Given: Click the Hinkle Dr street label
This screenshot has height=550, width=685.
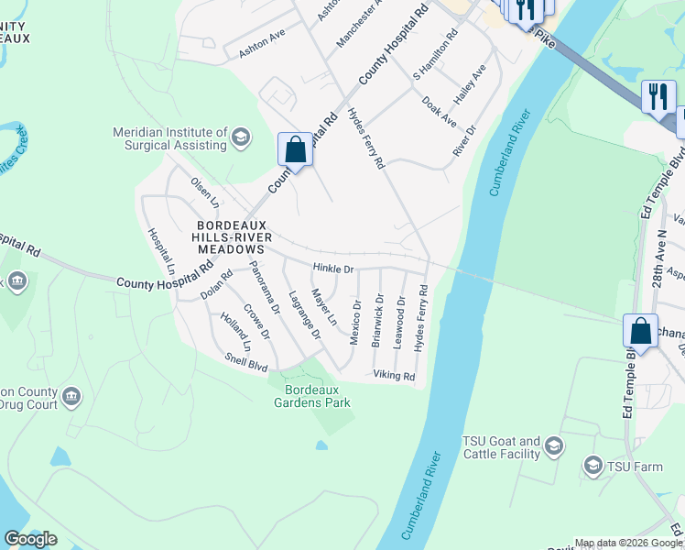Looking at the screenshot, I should click(x=333, y=269).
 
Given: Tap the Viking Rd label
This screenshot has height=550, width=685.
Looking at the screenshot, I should click(x=394, y=376).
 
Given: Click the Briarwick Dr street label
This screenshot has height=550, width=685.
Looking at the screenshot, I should click(x=377, y=320).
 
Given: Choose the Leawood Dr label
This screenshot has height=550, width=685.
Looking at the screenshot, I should click(x=400, y=320).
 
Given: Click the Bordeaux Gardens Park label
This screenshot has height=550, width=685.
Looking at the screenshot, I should click(x=310, y=396).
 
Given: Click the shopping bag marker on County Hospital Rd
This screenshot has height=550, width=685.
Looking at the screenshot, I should click(x=295, y=148).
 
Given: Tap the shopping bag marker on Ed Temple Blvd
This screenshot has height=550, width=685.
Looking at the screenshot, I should click(x=640, y=330).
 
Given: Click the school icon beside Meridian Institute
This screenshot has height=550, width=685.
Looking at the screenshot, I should click(x=241, y=138).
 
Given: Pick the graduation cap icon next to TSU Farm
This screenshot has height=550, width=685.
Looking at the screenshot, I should click(x=593, y=467).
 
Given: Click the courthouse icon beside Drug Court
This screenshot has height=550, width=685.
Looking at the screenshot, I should click(x=71, y=397).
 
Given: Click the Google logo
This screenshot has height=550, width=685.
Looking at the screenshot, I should click(x=30, y=539).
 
